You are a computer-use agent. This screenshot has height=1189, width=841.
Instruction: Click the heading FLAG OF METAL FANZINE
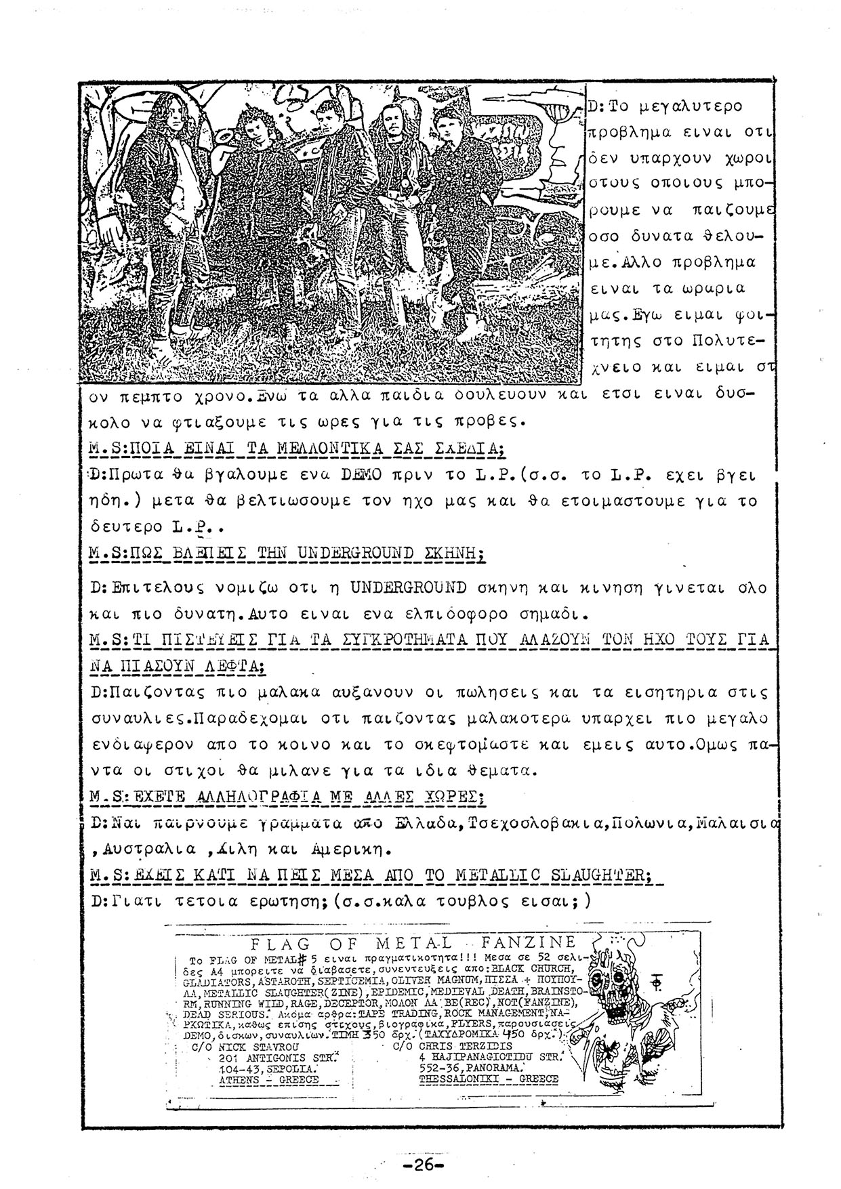[x=413, y=943]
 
